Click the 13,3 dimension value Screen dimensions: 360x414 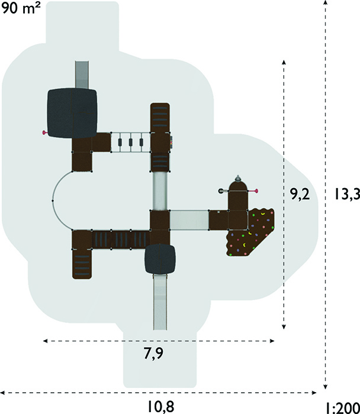pos(347,194)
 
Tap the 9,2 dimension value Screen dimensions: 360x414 pos(300,195)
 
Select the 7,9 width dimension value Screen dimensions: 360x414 pos(153,353)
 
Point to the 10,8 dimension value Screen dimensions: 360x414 pos(160,406)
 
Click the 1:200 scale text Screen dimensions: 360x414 pos(343,407)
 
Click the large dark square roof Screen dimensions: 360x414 pos(72,113)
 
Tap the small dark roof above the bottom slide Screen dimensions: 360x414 pos(160,259)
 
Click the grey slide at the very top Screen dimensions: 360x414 pos(82,75)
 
